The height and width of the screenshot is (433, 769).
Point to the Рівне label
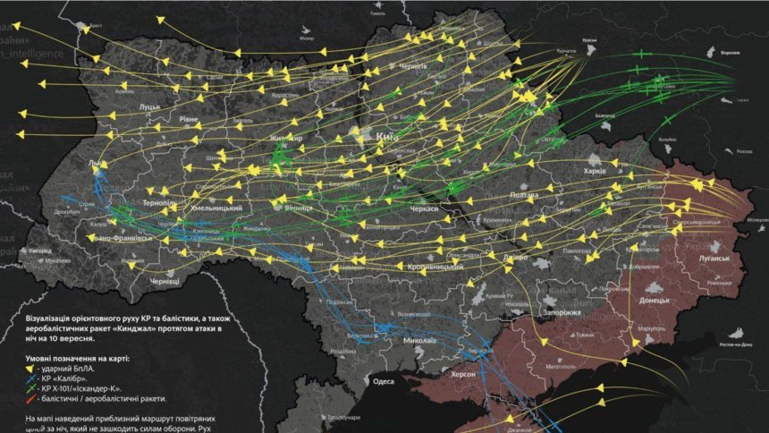tap(189, 119)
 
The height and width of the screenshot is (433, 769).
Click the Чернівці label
tap(165, 281)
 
